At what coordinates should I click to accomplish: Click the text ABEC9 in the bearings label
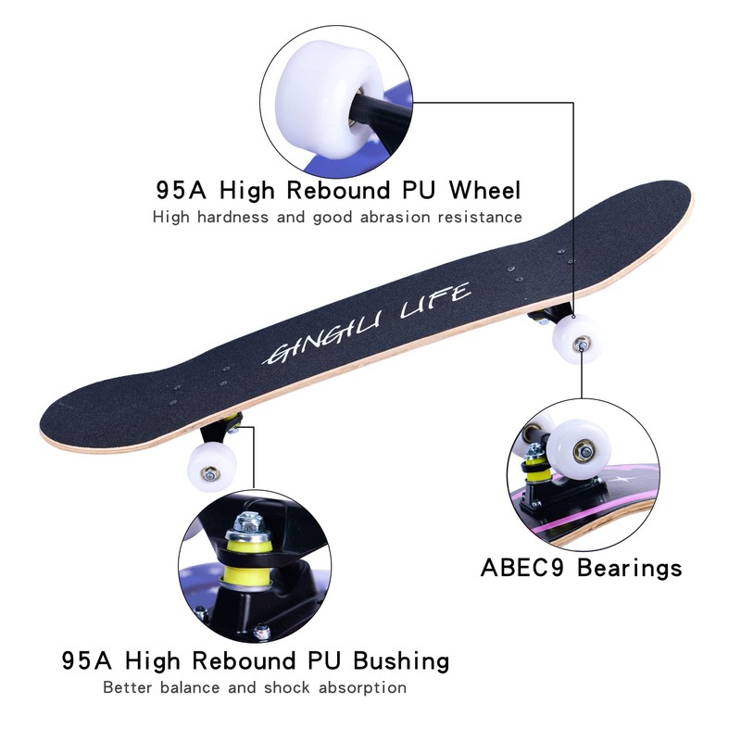[x=523, y=567]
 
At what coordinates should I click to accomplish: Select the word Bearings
[x=630, y=567]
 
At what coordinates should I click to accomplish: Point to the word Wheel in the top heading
[x=484, y=191]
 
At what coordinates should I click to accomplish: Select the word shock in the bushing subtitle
[x=287, y=688]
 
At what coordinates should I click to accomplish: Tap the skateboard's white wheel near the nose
[x=575, y=340]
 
